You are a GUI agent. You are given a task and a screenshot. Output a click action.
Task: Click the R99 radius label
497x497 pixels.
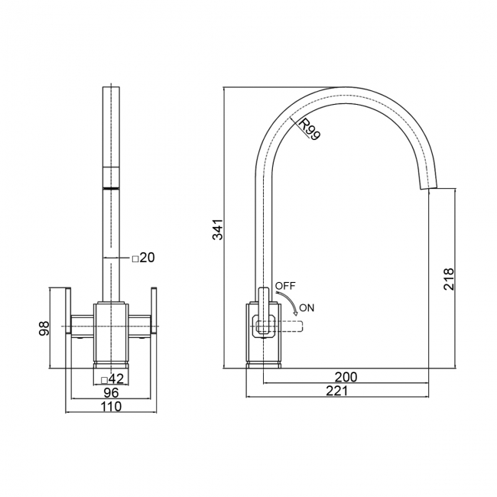[x=310, y=129]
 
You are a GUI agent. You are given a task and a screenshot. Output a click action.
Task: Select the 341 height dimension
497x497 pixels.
[x=218, y=229]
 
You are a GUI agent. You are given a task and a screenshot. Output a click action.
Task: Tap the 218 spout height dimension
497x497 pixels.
[x=449, y=278]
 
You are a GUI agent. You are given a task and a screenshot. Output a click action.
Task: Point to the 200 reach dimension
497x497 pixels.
[x=346, y=378]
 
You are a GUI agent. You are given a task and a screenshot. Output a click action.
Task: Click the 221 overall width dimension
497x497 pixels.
[x=336, y=391]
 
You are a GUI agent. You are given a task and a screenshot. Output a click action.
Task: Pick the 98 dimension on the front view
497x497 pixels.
[x=44, y=329]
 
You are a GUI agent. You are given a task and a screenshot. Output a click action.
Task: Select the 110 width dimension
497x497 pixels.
[x=112, y=407]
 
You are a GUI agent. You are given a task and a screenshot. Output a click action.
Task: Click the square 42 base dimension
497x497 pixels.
[x=112, y=378]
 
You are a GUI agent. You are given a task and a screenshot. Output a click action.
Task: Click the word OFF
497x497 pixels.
[x=285, y=285]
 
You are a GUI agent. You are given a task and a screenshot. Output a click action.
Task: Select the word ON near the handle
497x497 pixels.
[x=307, y=308]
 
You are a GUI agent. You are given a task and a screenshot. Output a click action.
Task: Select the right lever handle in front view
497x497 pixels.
[x=154, y=312]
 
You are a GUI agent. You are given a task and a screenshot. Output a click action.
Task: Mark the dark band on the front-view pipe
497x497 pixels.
[x=112, y=187]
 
